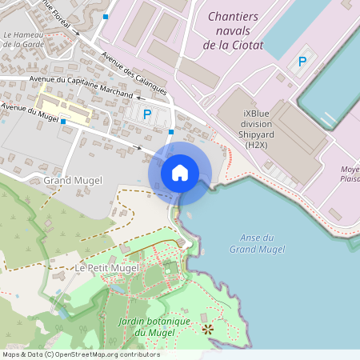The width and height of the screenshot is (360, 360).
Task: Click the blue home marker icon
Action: [180, 173]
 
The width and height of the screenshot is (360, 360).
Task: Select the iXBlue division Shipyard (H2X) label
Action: [257, 129]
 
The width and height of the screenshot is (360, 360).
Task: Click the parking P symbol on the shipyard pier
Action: [302, 62]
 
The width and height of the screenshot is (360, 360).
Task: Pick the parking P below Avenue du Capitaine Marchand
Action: [146, 115]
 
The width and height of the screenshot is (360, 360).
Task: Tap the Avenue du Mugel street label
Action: [30, 111]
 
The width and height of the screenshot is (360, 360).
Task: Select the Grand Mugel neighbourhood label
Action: [73, 180]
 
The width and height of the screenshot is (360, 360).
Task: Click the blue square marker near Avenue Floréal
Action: [106, 16]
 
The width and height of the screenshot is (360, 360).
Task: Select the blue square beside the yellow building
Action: [63, 121]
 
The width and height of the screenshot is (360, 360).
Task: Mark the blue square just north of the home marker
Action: [172, 132]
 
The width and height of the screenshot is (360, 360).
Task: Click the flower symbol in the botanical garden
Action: [208, 328]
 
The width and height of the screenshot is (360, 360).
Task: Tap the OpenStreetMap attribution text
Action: [81, 354]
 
